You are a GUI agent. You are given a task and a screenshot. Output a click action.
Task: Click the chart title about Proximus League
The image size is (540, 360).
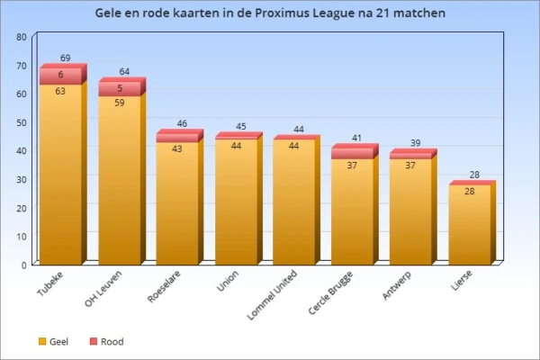[270, 13]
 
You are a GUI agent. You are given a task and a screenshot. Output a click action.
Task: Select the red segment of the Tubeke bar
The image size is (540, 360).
[60, 76]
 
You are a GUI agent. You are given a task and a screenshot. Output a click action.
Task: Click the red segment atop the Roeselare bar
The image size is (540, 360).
[177, 137]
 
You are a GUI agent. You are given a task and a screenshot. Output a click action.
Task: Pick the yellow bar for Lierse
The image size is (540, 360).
[470, 225]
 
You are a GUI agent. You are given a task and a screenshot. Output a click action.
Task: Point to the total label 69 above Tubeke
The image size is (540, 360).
[66, 58]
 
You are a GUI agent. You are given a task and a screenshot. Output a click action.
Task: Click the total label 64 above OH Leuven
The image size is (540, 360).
[124, 71]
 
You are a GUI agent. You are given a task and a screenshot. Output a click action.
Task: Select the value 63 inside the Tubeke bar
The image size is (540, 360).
[60, 91]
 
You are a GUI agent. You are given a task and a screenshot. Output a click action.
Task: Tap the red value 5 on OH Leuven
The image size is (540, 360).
[119, 88]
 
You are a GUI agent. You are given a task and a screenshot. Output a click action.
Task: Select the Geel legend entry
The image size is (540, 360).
[55, 342]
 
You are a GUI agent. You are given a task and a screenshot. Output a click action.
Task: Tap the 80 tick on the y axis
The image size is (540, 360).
[21, 36]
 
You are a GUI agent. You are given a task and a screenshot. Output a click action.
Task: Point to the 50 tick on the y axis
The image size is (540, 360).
[21, 121]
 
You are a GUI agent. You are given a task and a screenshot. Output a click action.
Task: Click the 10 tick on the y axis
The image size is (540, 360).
[21, 236]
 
